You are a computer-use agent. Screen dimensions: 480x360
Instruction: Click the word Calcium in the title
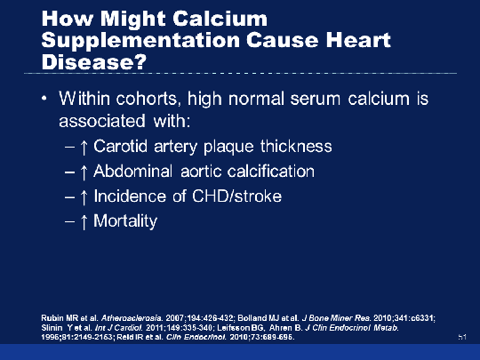tap(220, 19)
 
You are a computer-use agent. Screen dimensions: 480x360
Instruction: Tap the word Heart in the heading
tap(358, 40)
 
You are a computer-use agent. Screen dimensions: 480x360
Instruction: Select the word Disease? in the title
tap(94, 61)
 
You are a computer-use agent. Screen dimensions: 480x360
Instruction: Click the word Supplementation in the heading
tap(140, 41)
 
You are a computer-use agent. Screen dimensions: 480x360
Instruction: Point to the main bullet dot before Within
tap(44, 99)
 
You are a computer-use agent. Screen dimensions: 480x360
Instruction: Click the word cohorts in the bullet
tap(147, 99)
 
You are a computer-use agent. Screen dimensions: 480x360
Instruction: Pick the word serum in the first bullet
tap(315, 100)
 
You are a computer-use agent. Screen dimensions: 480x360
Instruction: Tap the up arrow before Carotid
tap(84, 148)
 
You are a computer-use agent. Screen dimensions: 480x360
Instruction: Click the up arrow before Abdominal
tap(84, 172)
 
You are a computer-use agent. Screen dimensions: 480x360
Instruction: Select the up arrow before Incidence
tap(84, 197)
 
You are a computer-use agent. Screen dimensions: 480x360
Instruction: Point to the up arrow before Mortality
tap(84, 222)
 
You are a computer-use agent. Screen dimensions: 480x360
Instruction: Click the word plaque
tap(228, 147)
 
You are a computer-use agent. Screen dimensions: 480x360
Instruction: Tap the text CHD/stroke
tap(236, 196)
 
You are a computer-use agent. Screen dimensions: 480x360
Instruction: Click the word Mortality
tap(125, 221)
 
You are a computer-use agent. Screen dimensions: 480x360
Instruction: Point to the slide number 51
tap(462, 337)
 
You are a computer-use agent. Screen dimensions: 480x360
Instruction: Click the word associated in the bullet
tap(102, 121)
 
